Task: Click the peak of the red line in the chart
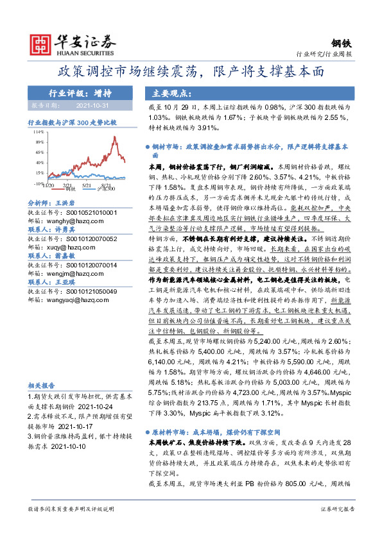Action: click(x=114, y=137)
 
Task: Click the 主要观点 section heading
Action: click(x=167, y=93)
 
